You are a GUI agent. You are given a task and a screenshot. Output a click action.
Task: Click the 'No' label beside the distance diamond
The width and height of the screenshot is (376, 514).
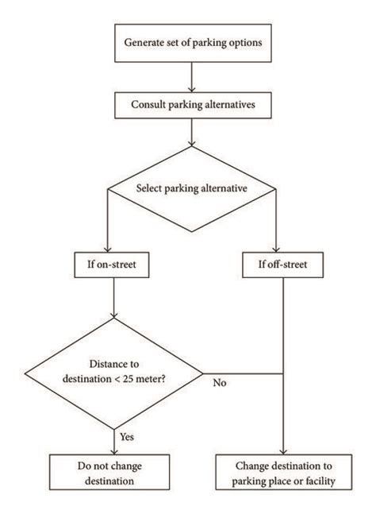pos(219,382)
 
